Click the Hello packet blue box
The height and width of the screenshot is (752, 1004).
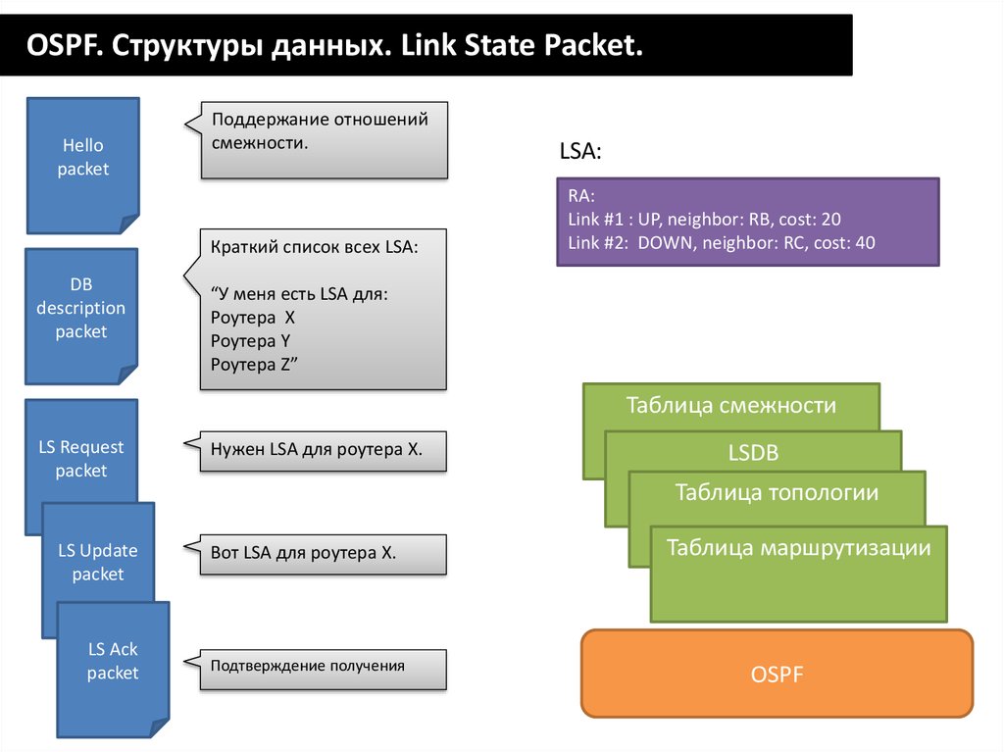tap(82, 158)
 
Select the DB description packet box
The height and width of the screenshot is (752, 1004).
tap(81, 308)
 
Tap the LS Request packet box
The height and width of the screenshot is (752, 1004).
tap(81, 459)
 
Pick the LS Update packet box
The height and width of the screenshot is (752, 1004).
tap(98, 562)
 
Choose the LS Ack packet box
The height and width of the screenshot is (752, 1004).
tap(113, 661)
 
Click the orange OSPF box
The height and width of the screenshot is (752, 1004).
tap(777, 675)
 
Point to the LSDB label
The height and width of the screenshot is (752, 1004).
tap(753, 453)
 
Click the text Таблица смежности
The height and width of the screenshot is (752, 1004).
tap(730, 405)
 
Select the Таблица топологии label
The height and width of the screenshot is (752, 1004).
tap(777, 492)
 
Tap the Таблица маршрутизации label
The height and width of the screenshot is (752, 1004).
tap(798, 548)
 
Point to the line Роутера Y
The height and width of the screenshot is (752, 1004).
tap(250, 341)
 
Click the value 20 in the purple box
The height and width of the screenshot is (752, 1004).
tap(831, 220)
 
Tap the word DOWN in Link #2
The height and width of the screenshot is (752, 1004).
tap(665, 242)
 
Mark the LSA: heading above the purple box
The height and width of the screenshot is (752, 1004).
tap(579, 152)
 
